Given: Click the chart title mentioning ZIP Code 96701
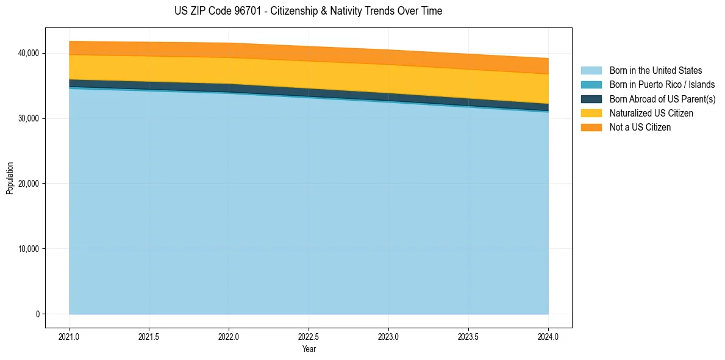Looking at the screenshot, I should pyautogui.click(x=308, y=11).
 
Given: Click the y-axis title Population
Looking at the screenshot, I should pyautogui.click(x=10, y=178).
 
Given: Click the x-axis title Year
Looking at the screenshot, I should pyautogui.click(x=309, y=349).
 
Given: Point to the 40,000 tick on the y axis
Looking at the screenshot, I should pyautogui.click(x=27, y=53).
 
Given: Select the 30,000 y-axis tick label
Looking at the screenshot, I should pyautogui.click(x=27, y=118).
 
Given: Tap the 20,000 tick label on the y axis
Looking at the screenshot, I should pyautogui.click(x=27, y=184).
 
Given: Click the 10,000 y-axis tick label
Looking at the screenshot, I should pyautogui.click(x=27, y=249).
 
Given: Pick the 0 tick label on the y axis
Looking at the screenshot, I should pyautogui.click(x=37, y=314).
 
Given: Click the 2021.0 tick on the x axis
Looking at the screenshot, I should pyautogui.click(x=70, y=336).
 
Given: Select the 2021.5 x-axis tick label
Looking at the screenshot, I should pyautogui.click(x=149, y=336).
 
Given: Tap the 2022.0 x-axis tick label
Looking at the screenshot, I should pyautogui.click(x=229, y=336).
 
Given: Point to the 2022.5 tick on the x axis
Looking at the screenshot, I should pyautogui.click(x=309, y=336).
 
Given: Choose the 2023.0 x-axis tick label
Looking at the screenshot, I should pyautogui.click(x=388, y=336).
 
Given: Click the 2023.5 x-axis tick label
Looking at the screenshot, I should pyautogui.click(x=468, y=336).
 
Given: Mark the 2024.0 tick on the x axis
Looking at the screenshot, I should pyautogui.click(x=548, y=336).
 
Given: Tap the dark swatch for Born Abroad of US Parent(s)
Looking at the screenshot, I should pyautogui.click(x=591, y=99).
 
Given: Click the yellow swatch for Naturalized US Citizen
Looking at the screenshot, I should pyautogui.click(x=591, y=113).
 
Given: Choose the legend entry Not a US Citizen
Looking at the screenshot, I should pyautogui.click(x=640, y=128).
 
